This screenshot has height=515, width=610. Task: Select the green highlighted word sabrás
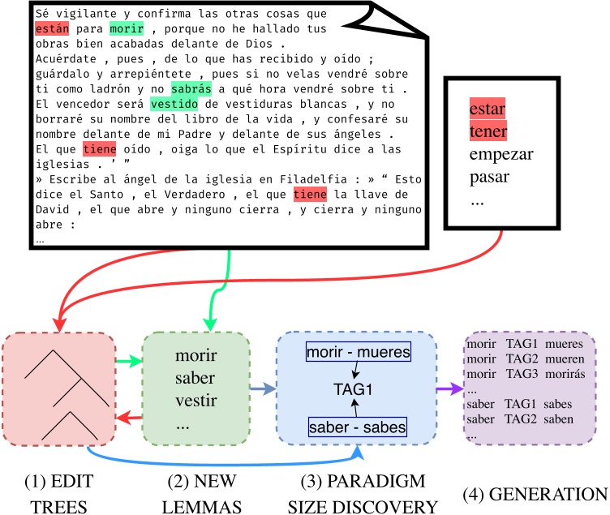coord(191,88)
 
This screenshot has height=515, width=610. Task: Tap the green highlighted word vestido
coord(171,104)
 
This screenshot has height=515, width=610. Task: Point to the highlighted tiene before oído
coord(100,149)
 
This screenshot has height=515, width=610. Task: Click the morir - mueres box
coord(358,353)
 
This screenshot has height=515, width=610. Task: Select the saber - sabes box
coord(358,426)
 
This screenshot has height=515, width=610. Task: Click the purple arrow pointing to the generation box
coord(448,389)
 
